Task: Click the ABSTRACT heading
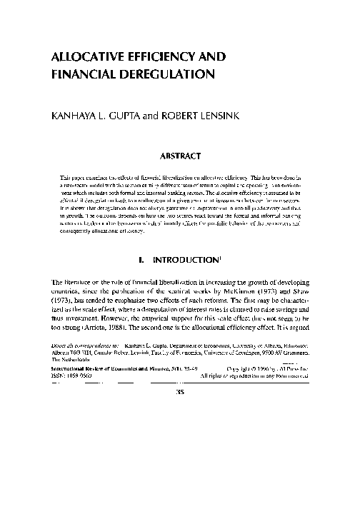pyautogui.click(x=179, y=152)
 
